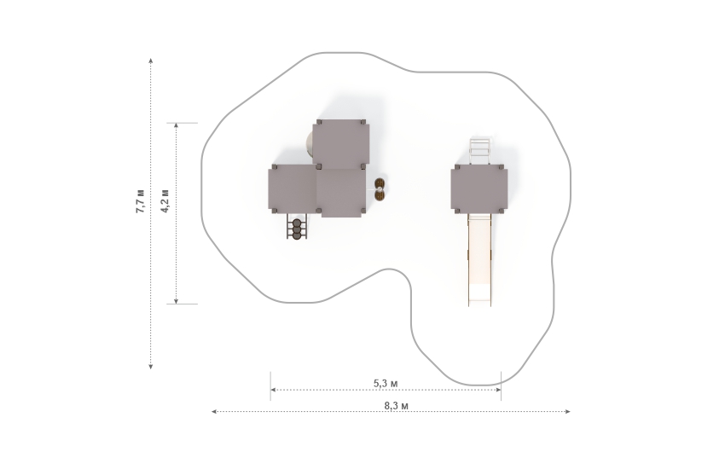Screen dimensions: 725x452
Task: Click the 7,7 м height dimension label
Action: click(140, 201)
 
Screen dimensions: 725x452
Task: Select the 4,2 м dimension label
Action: click(165, 201)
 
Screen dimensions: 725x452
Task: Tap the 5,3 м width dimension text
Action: click(386, 383)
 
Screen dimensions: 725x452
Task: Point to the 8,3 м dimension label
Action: click(397, 406)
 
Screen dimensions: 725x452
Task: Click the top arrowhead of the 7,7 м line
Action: click(151, 61)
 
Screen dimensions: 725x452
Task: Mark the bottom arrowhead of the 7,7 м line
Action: click(151, 367)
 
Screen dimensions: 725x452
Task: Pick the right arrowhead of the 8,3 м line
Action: click(568, 411)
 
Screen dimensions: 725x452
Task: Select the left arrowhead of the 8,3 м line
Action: click(214, 411)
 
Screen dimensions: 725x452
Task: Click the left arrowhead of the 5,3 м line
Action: click(273, 390)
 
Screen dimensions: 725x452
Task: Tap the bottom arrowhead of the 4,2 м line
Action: click(177, 301)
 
